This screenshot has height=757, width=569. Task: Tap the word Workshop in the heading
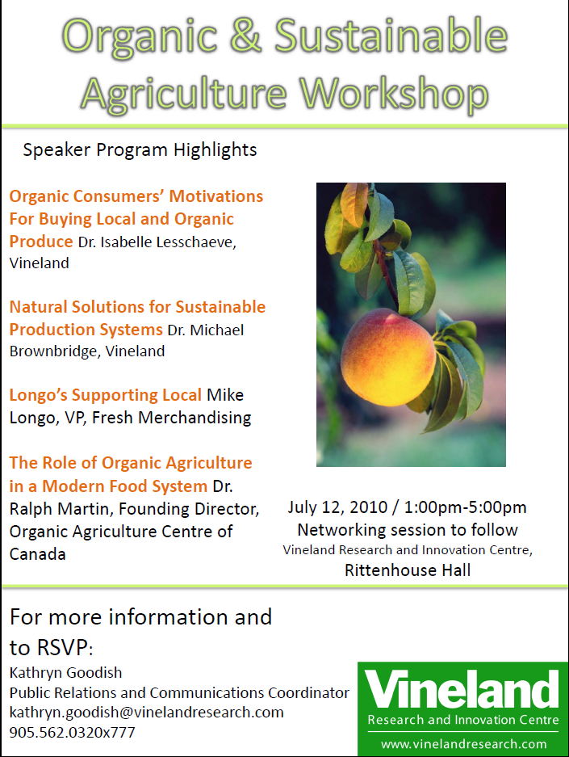[x=394, y=94]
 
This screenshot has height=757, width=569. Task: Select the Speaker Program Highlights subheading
[x=140, y=150]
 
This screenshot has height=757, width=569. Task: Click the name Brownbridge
[x=54, y=351]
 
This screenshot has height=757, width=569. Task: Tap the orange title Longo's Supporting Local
[x=106, y=395]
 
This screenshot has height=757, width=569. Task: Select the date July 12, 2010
[x=337, y=507]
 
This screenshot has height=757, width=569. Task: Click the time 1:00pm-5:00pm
[x=466, y=507]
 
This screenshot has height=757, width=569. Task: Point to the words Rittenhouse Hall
[x=408, y=570]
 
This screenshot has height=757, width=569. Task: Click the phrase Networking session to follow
[x=408, y=530]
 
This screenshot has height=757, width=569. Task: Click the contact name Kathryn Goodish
[x=65, y=672]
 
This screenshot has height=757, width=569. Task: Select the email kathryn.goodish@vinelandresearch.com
[x=147, y=713]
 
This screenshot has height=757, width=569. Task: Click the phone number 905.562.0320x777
[x=73, y=733]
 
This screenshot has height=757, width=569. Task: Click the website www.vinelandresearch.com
[x=464, y=744]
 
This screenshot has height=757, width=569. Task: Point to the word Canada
[x=38, y=554]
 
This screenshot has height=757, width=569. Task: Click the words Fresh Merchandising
[x=172, y=418]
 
